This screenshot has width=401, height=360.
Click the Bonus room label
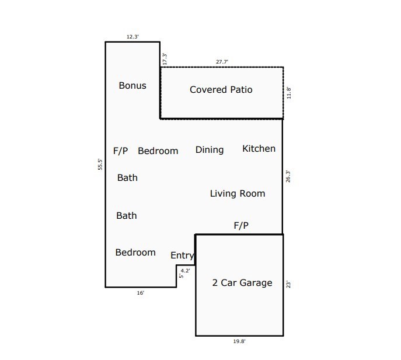click(132, 85)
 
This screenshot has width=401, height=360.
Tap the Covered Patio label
click(221, 89)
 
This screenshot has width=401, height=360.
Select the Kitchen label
click(259, 149)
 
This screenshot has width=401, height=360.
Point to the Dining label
click(210, 150)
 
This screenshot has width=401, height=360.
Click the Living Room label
click(238, 194)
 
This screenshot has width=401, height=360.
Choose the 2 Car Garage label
click(242, 282)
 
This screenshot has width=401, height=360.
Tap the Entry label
click(182, 256)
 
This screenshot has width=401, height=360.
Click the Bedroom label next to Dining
click(158, 151)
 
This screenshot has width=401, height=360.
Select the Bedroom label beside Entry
click(135, 253)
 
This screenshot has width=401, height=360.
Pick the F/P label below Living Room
click(241, 225)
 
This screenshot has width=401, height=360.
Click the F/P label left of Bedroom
click(120, 151)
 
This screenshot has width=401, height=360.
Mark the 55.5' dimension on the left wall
click(100, 164)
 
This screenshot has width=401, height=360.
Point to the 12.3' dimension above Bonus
click(132, 37)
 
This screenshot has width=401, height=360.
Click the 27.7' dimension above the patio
click(222, 62)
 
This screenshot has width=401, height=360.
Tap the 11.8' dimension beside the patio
click(289, 93)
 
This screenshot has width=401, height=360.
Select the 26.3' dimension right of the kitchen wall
click(288, 176)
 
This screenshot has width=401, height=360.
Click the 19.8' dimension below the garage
click(239, 341)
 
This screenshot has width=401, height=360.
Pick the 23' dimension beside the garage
click(288, 284)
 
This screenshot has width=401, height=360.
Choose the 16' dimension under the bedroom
click(141, 293)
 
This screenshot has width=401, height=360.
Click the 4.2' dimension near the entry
click(186, 271)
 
